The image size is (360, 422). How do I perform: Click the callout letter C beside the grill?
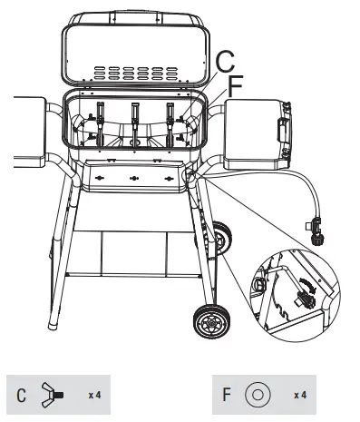tap(225, 64)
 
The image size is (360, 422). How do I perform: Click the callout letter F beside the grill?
tap(236, 88)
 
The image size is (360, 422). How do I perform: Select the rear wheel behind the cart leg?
tap(221, 239)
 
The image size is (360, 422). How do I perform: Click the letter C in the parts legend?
tap(22, 396)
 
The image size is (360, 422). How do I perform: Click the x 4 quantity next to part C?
tap(93, 396)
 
